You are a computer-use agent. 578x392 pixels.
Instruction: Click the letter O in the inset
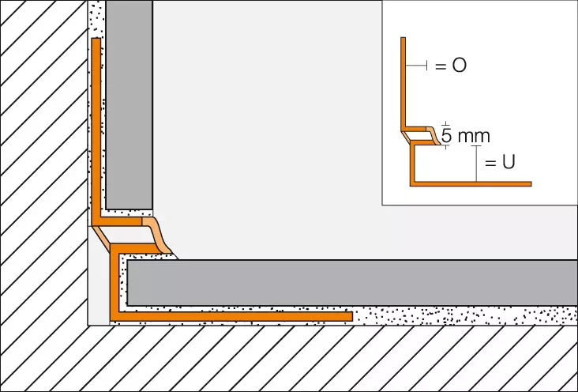459,66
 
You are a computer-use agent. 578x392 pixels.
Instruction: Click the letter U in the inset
509,162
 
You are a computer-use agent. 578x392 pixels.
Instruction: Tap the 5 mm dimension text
465,136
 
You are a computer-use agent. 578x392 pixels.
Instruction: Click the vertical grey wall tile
129,105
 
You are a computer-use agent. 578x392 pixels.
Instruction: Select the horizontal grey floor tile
352,283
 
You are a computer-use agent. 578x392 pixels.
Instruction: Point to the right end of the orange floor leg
352,316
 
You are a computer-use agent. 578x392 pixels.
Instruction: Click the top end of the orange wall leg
96,39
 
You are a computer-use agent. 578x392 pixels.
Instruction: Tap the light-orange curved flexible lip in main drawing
156,236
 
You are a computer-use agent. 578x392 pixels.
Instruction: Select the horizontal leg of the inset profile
471,184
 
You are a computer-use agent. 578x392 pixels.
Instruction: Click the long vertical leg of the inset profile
403,83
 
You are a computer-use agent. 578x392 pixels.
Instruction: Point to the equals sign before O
441,66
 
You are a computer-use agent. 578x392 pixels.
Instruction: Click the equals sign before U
490,163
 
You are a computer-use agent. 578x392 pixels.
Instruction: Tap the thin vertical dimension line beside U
476,164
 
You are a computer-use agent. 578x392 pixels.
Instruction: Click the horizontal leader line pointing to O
416,66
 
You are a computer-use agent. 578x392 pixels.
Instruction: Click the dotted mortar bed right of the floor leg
465,316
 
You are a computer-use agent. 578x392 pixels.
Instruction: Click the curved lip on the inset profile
433,135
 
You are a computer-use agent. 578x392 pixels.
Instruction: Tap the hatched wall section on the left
43,162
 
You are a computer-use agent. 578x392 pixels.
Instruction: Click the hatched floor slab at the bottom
289,358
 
